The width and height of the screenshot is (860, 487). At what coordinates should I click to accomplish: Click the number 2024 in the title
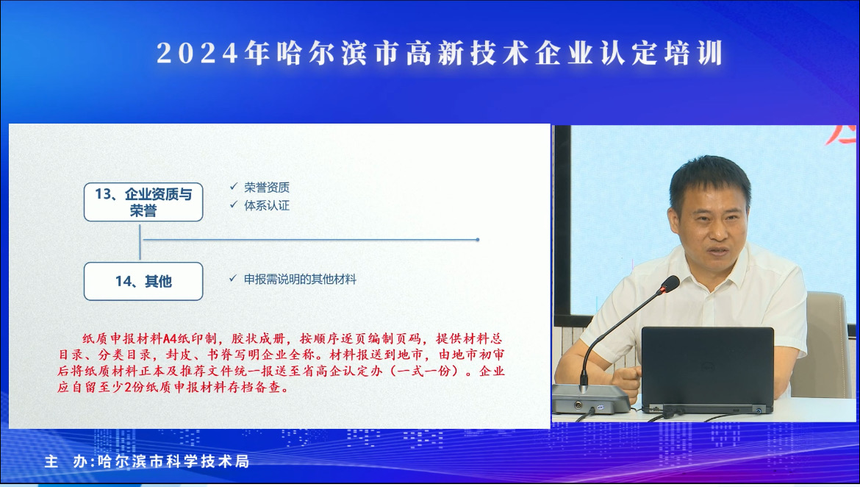point(198,53)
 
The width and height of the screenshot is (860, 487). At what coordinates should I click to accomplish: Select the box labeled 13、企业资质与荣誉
point(143,202)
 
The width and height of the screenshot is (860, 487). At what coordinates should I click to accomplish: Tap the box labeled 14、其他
point(143,281)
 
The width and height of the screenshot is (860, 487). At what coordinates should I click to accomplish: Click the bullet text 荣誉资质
point(267,188)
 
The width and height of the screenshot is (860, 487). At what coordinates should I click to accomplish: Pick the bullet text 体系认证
point(267,205)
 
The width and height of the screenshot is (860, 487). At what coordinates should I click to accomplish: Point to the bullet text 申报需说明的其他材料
point(300,279)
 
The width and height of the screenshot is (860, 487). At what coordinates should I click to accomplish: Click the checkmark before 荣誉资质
point(234,187)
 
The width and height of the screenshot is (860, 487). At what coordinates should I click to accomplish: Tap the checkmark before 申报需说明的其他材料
point(233,278)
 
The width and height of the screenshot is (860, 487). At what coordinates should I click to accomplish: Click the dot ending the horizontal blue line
point(478,240)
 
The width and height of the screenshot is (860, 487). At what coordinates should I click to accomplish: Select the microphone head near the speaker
point(669,285)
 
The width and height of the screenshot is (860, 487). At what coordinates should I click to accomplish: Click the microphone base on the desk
point(591,399)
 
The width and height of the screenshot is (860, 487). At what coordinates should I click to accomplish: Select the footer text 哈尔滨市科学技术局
point(173,461)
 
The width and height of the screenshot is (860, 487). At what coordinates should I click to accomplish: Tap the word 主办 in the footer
point(67,461)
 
